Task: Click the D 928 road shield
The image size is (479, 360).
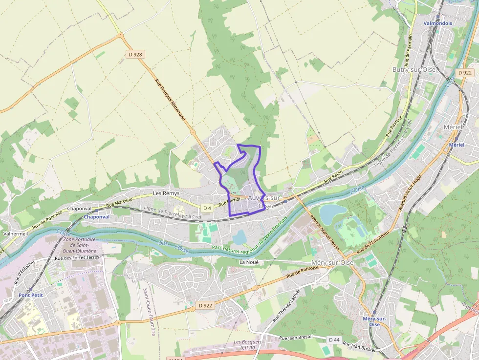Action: (135, 55)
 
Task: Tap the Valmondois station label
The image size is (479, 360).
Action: (437, 23)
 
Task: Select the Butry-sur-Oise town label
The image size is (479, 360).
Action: (414, 70)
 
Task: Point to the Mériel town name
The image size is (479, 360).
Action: (452, 127)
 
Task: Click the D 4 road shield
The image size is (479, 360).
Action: (207, 208)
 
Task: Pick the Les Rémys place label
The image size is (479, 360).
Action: (166, 193)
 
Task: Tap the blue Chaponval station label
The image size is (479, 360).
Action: (96, 216)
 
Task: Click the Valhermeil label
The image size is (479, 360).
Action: (15, 233)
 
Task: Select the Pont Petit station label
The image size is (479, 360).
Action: (31, 295)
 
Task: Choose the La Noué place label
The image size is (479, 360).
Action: (248, 262)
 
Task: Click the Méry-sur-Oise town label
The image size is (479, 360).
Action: (332, 262)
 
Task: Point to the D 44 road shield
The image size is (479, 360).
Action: (334, 339)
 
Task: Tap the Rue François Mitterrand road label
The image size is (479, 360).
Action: (174, 101)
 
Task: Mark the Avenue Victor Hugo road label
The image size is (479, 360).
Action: (410, 192)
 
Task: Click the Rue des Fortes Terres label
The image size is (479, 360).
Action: (77, 257)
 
